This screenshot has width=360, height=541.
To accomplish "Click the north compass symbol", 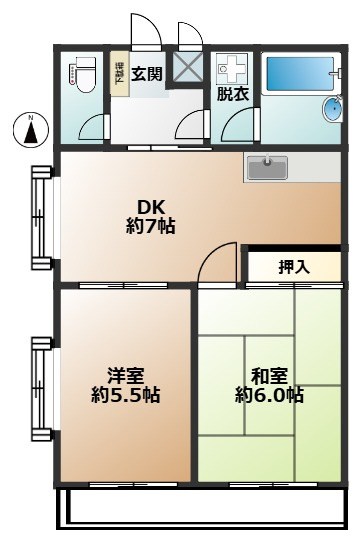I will click(x=31, y=129).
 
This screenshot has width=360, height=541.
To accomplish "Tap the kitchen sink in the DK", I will click(x=267, y=167).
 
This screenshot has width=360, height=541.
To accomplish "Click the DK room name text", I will click(x=150, y=207).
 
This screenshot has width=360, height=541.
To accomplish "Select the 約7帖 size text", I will click(x=150, y=226).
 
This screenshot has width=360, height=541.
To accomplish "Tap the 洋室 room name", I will click(x=126, y=376).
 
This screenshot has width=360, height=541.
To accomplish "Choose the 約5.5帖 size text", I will click(x=126, y=395).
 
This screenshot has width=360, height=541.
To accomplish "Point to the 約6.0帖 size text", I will click(x=269, y=395).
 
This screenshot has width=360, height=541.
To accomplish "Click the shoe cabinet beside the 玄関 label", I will click(x=118, y=74).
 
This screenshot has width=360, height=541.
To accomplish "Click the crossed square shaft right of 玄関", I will click(x=188, y=66).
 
